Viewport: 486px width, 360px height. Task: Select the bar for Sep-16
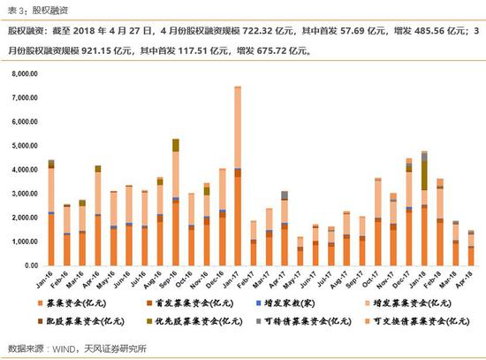click(x=176, y=203)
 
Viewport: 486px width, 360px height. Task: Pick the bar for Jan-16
click(x=51, y=212)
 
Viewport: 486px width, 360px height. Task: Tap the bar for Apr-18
click(x=471, y=248)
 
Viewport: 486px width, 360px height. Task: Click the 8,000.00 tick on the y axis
click(x=26, y=74)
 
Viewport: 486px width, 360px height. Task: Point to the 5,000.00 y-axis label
click(x=26, y=146)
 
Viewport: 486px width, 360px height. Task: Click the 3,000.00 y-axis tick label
click(x=26, y=194)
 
